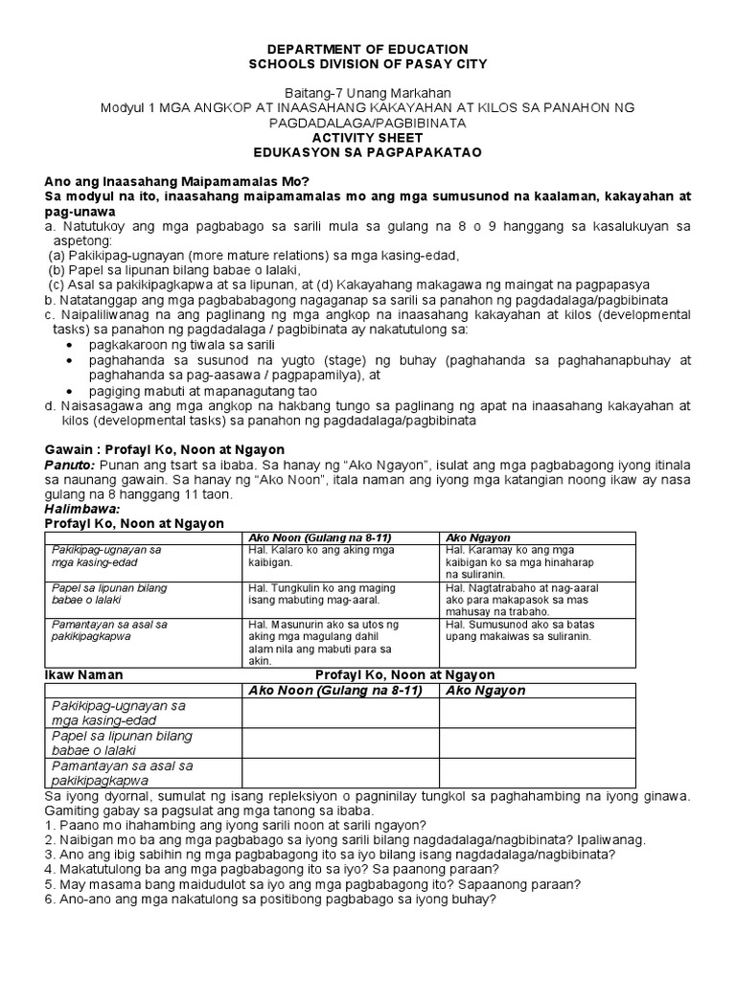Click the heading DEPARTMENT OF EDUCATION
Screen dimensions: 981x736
pos(368,49)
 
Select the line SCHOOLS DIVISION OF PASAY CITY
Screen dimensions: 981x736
pos(368,63)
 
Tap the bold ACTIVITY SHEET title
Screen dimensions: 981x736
pos(368,137)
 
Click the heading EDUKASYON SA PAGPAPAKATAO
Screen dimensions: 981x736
pos(368,151)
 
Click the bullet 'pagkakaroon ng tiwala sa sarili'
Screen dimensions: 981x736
pos(181,343)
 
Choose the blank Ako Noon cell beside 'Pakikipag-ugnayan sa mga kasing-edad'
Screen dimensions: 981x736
pos(340,714)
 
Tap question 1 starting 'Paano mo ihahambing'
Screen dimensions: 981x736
pos(236,825)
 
